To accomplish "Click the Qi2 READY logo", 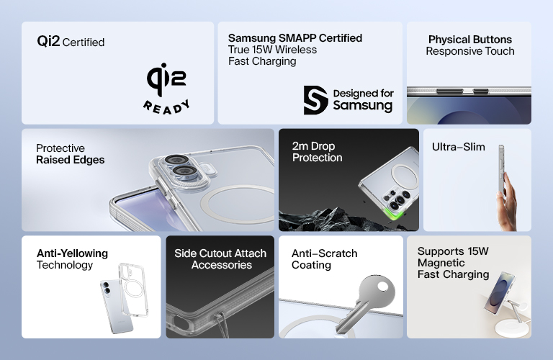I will pyautogui.click(x=167, y=89).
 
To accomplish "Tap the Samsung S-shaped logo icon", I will pyautogui.click(x=315, y=99).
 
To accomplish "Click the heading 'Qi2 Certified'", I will pyautogui.click(x=71, y=42).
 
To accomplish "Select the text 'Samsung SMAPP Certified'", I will pyautogui.click(x=295, y=38).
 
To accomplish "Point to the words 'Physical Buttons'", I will pyautogui.click(x=469, y=40).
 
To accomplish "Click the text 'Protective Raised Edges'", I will pyautogui.click(x=70, y=154).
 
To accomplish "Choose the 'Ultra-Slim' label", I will pyautogui.click(x=458, y=148).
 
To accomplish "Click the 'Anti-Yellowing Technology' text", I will pyautogui.click(x=72, y=259).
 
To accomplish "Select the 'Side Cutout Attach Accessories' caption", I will pyautogui.click(x=220, y=259).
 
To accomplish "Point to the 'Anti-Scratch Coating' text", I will pyautogui.click(x=324, y=259).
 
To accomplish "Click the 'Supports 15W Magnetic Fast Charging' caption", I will pyautogui.click(x=453, y=263).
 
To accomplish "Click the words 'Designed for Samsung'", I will pyautogui.click(x=362, y=99).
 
